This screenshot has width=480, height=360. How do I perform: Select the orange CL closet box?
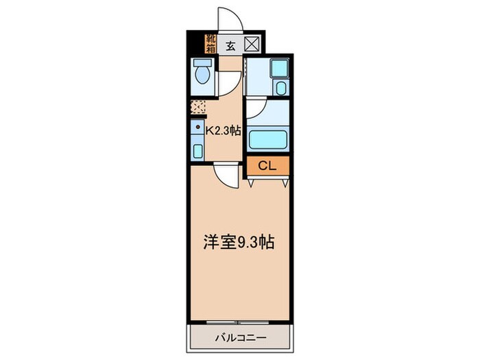268,166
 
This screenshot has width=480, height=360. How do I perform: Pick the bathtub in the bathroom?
268,139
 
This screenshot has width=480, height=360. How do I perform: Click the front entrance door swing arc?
228,19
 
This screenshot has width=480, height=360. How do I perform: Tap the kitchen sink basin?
197,151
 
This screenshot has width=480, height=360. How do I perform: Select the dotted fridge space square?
197,107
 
